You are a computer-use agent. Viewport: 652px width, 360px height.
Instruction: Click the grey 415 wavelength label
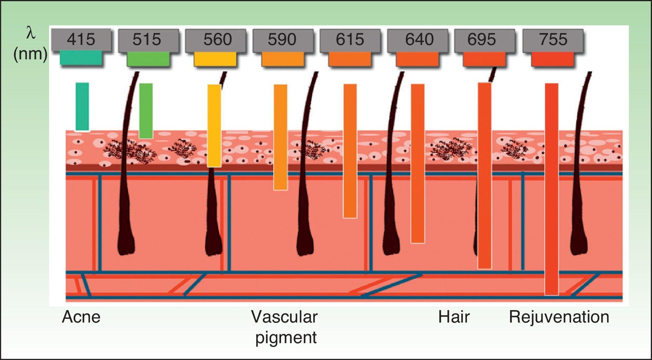(x=81, y=40)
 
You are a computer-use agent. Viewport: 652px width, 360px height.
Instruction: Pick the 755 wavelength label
(x=553, y=40)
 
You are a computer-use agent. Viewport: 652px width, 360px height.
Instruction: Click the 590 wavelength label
(x=282, y=40)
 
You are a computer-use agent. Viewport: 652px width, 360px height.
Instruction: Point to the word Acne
(x=81, y=317)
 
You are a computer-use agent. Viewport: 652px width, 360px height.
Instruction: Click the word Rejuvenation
(x=559, y=317)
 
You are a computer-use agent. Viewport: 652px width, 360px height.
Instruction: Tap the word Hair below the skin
(x=454, y=317)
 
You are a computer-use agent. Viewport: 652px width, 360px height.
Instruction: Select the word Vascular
(x=284, y=317)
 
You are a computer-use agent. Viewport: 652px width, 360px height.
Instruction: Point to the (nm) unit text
(x=30, y=54)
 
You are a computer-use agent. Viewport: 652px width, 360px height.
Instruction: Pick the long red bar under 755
(x=551, y=189)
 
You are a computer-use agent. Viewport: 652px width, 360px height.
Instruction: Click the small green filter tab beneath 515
(x=148, y=59)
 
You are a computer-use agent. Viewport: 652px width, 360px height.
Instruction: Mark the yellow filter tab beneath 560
(x=215, y=59)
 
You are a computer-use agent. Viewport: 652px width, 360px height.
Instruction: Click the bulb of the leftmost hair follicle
(x=126, y=245)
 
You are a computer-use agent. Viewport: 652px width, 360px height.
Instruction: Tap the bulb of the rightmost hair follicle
(x=580, y=245)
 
